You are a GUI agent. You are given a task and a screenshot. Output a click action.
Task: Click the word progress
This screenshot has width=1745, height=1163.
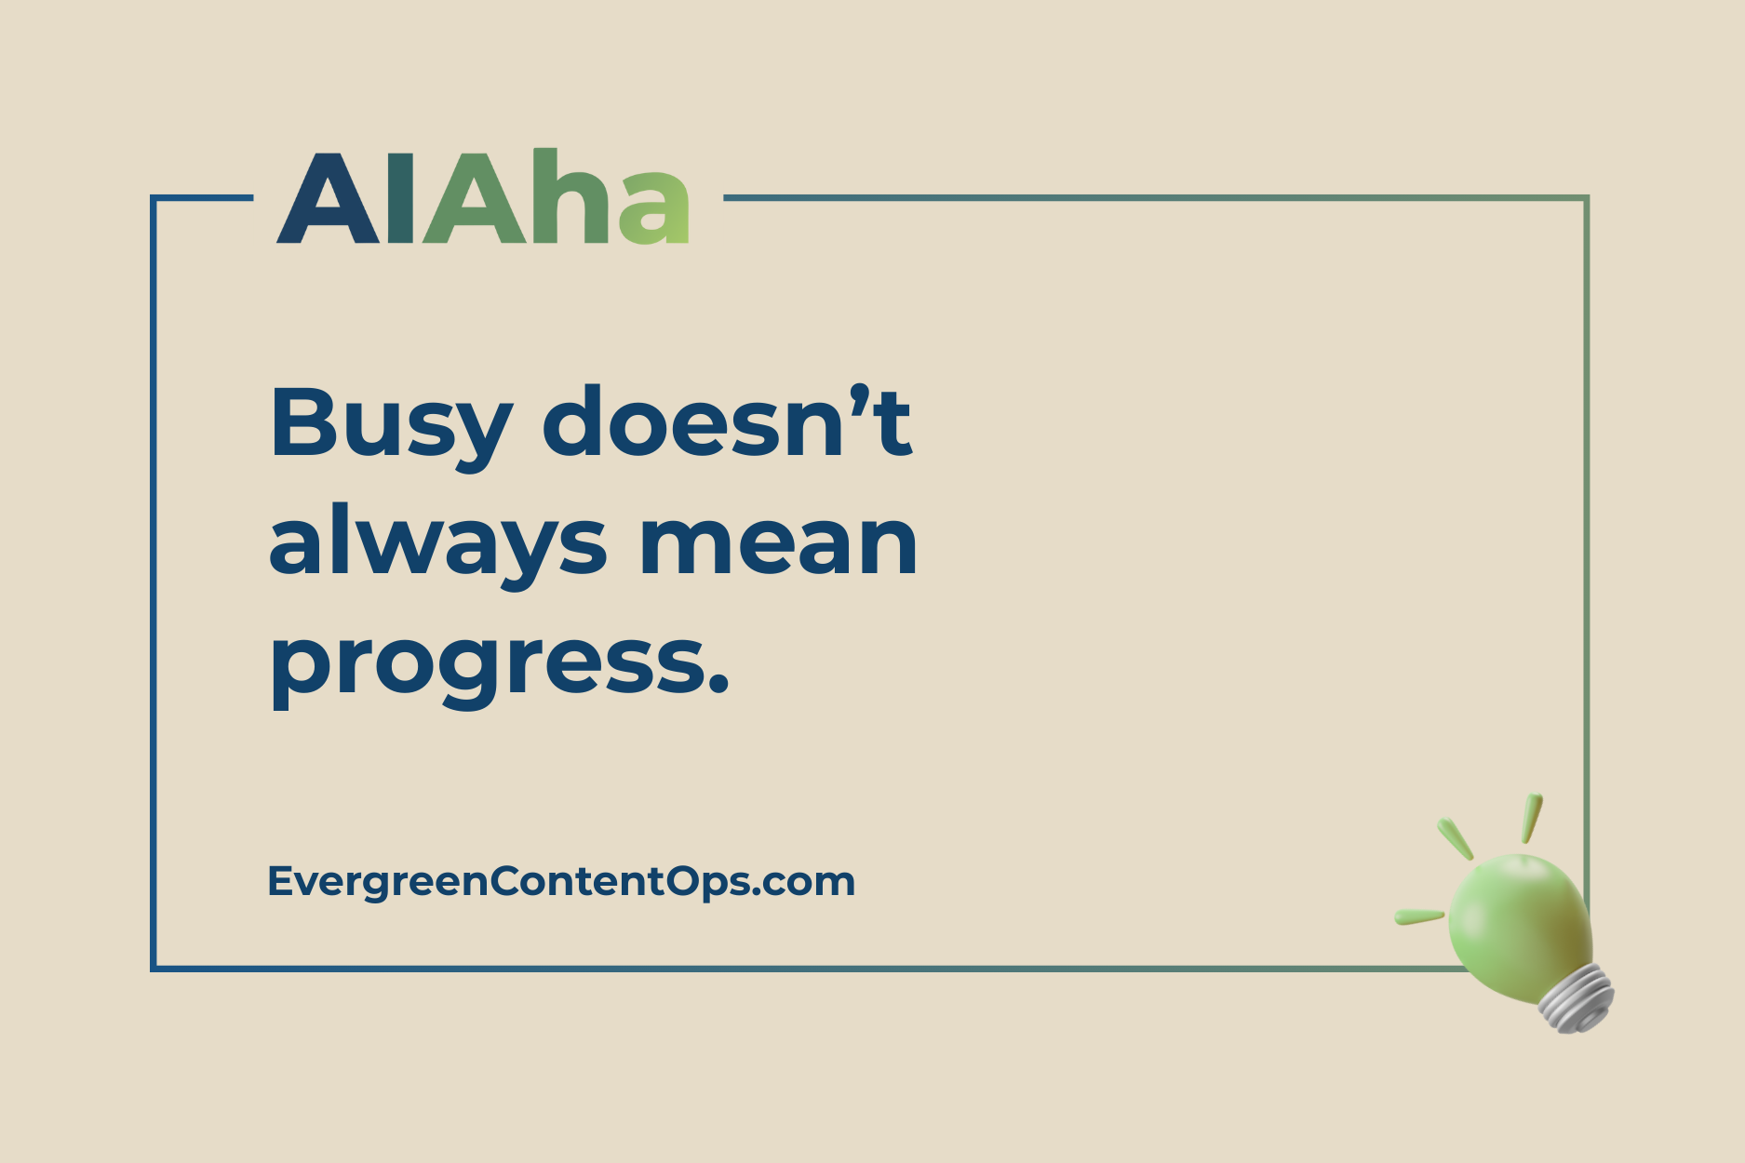click(484, 665)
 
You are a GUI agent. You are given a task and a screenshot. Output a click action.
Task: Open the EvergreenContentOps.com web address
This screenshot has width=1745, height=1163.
click(561, 881)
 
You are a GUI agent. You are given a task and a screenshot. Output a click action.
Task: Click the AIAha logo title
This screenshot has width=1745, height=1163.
click(484, 198)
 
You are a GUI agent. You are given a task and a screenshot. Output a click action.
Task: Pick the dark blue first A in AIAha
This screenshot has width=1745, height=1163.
click(329, 200)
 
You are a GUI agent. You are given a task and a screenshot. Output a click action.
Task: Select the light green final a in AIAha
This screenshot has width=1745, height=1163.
click(655, 208)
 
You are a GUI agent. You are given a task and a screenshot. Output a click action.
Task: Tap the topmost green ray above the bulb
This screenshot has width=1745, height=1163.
click(1532, 817)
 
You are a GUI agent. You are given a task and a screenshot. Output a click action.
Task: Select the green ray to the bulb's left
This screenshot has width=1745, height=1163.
click(1418, 917)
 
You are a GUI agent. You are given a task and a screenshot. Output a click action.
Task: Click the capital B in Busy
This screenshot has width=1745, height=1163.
click(299, 423)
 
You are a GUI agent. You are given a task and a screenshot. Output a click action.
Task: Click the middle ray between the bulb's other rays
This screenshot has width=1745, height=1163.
click(1456, 838)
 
